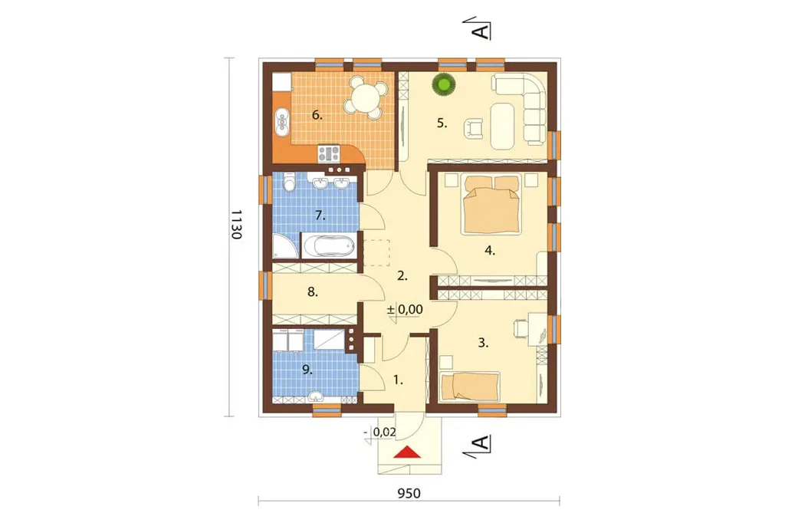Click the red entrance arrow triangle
(406, 452)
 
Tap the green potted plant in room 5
(445, 84)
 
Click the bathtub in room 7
(328, 246)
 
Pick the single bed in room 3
(470, 386)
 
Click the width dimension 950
(409, 493)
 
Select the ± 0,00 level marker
(405, 310)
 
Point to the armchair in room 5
(474, 127)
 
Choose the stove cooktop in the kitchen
(329, 153)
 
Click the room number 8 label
(313, 291)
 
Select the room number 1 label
(398, 380)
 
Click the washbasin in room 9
(315, 396)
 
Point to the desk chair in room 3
(521, 327)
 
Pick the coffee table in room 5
(503, 127)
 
